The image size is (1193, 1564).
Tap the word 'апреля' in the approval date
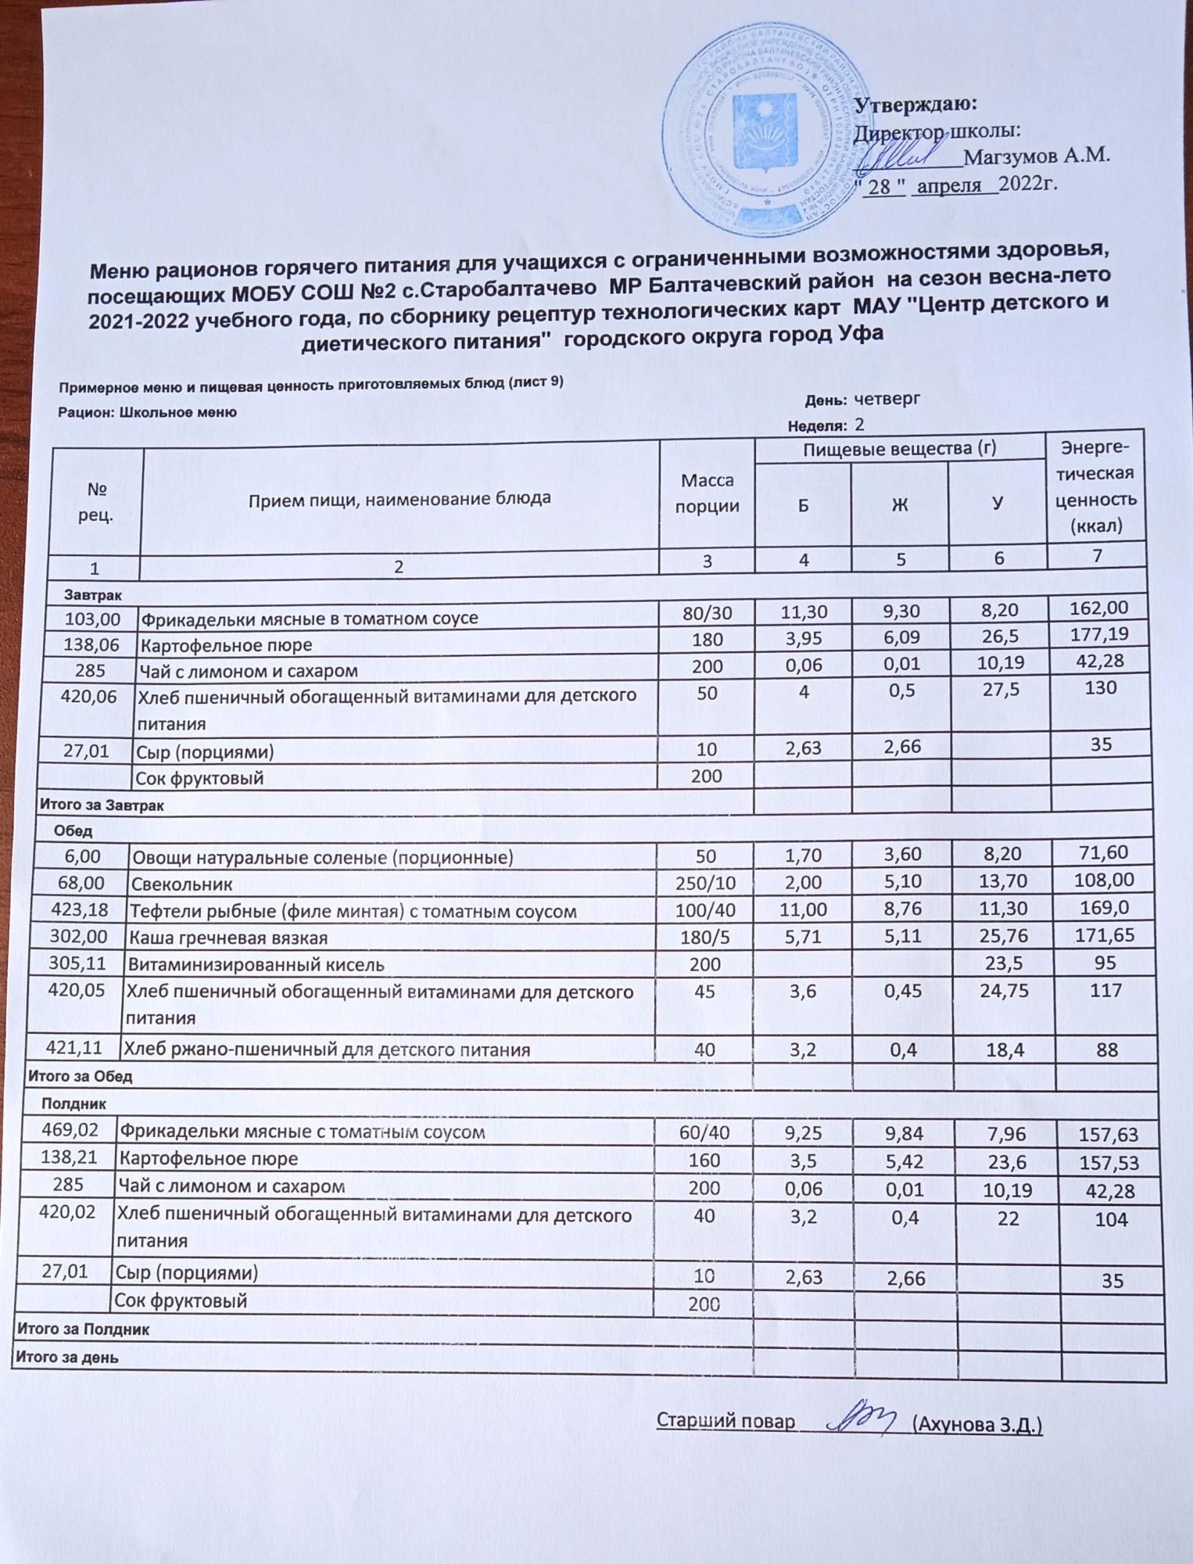click(948, 185)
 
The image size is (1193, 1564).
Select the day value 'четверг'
click(887, 399)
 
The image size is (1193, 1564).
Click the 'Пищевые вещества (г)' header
click(899, 449)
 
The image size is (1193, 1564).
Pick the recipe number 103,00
click(93, 619)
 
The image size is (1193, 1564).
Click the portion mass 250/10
click(705, 881)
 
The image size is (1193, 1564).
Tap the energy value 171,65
click(1102, 934)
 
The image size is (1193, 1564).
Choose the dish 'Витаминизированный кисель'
click(256, 964)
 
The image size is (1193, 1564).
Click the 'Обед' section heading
click(73, 830)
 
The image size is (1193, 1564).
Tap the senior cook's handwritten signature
click(859, 1417)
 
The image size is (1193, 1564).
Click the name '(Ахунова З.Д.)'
click(977, 1424)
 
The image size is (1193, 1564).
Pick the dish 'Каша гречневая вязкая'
click(227, 938)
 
